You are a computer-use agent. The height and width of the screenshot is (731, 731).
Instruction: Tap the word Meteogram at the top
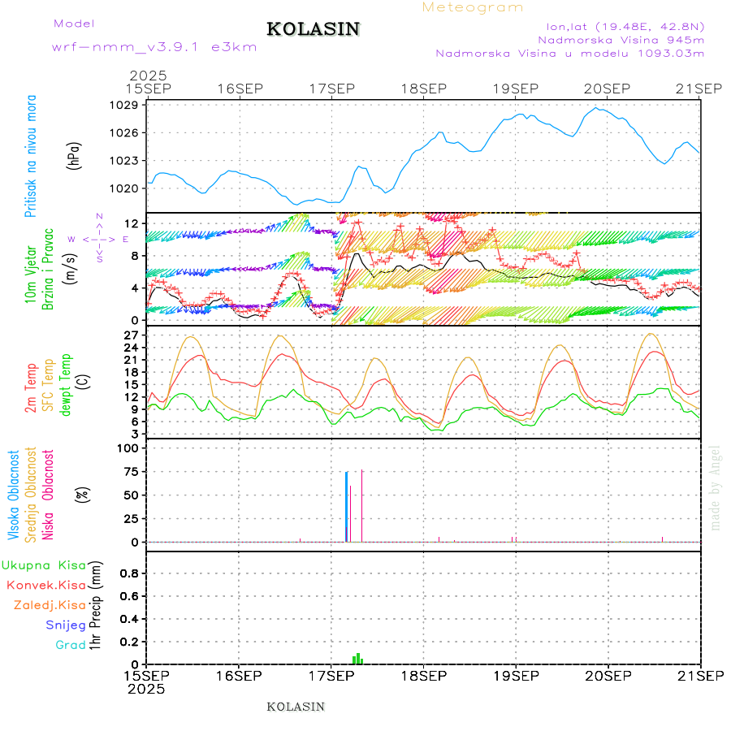[474, 7]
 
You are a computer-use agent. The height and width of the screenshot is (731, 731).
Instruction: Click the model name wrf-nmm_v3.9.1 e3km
[154, 47]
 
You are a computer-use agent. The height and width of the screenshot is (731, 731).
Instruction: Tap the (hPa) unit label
[74, 154]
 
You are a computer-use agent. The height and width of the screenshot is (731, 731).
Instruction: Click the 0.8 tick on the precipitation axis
[129, 573]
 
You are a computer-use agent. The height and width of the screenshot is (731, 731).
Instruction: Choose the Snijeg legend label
[66, 625]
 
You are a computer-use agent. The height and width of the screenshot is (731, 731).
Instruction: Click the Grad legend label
[71, 645]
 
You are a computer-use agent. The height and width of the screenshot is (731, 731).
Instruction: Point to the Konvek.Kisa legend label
[45, 585]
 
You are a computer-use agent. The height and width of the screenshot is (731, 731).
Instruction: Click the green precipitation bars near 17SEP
[357, 659]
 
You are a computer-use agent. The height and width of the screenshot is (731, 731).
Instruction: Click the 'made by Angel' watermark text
[715, 487]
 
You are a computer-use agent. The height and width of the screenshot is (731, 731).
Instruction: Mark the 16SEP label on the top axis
[239, 88]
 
